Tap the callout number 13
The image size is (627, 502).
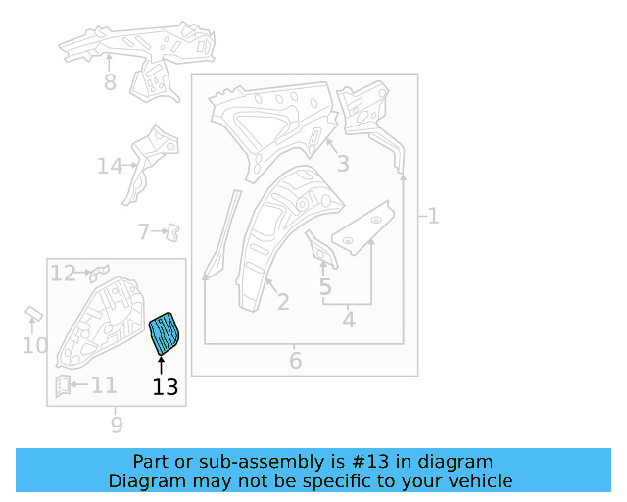(166, 387)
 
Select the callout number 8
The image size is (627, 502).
(110, 83)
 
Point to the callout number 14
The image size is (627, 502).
(110, 167)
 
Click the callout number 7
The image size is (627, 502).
(144, 232)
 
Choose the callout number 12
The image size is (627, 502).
(63, 274)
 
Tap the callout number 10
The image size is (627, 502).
(34, 346)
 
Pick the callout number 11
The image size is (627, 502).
(104, 385)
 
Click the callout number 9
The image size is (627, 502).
(117, 425)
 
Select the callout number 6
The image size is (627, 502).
(296, 362)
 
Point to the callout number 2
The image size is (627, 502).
(282, 302)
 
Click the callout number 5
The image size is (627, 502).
(325, 287)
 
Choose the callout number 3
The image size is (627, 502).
(343, 164)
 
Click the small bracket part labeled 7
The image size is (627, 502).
(172, 231)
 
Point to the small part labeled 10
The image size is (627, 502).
(32, 314)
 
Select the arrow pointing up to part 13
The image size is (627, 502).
(162, 365)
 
